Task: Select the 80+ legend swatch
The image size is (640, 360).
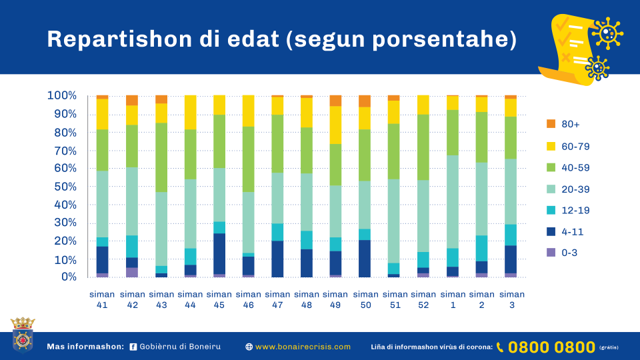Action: pos(551,125)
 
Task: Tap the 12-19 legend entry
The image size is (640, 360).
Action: pos(551,211)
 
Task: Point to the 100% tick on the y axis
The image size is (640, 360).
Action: pos(61,95)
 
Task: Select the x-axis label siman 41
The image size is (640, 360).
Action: pos(102,299)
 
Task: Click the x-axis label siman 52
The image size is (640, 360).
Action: pos(423,299)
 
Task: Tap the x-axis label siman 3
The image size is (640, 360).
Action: pos(511,299)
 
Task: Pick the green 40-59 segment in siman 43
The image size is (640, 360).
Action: pos(161,157)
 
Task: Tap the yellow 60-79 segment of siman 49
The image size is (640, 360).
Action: pos(335,125)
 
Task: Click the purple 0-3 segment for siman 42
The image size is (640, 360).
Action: pos(131,272)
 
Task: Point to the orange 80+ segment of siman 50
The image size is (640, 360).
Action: pos(365,101)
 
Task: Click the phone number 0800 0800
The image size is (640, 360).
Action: pos(551,347)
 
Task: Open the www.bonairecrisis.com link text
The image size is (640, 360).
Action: pos(303,347)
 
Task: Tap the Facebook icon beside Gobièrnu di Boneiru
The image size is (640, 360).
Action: pos(133,347)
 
